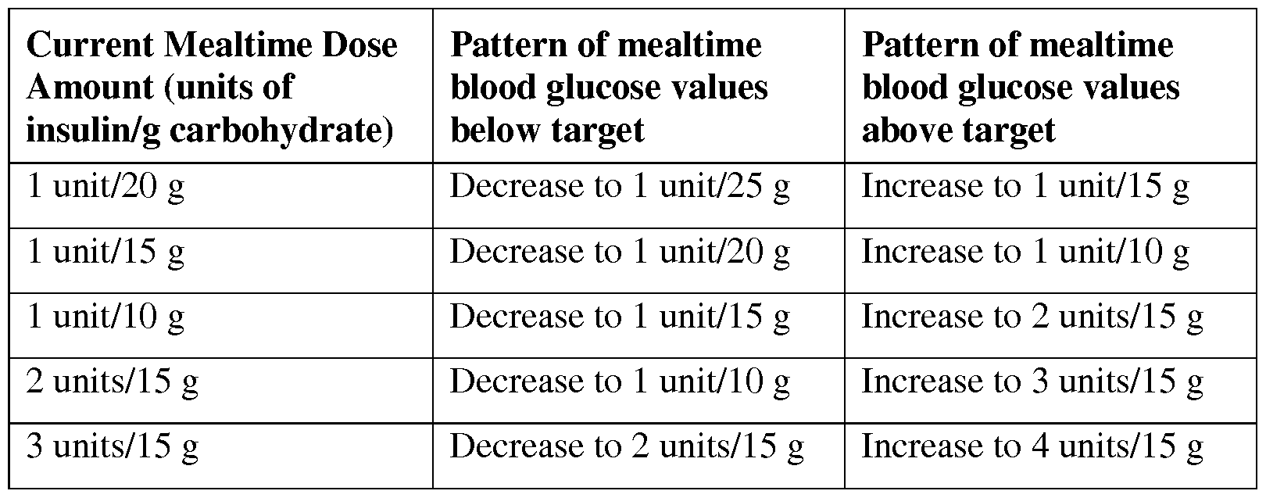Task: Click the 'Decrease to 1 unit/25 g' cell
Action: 620,188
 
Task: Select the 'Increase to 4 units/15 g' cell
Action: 1032,447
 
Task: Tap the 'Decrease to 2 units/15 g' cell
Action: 627,447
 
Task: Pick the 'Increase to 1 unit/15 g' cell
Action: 1025,188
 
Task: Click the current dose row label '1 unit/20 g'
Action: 105,188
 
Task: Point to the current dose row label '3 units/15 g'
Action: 113,447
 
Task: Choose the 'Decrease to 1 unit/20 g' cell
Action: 620,253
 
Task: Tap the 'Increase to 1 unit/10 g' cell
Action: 1025,253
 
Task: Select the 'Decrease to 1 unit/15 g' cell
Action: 620,317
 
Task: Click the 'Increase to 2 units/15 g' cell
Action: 1032,317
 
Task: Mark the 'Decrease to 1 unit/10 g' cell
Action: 620,382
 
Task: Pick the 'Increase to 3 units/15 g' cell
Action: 1032,382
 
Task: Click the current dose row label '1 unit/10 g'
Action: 105,317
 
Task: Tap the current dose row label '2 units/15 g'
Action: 113,382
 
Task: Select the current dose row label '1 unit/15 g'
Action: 105,253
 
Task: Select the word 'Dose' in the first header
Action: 359,45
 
